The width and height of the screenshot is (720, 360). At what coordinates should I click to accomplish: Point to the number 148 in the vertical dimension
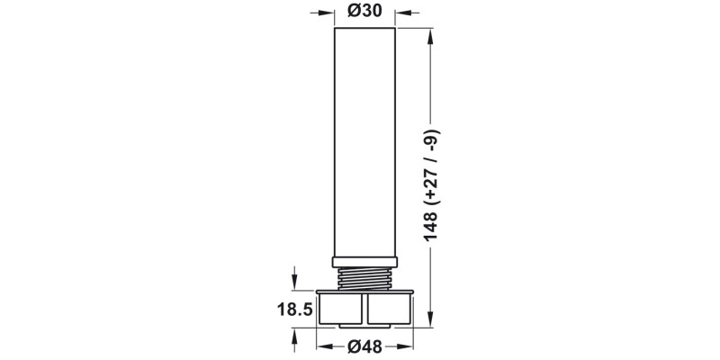(434, 225)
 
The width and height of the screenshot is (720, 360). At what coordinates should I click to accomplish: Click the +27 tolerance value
(434, 179)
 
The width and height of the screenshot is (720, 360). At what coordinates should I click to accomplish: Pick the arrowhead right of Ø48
(408, 346)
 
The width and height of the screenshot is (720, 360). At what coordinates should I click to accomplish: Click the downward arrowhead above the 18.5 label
(295, 283)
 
